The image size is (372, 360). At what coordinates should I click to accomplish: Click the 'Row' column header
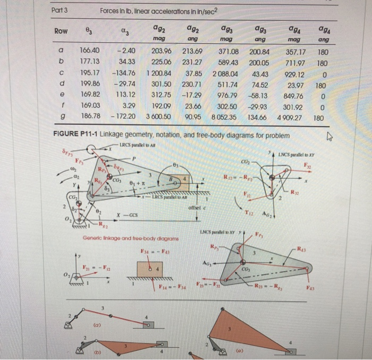pyautogui.click(x=62, y=31)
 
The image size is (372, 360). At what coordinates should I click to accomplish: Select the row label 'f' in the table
pyautogui.click(x=62, y=105)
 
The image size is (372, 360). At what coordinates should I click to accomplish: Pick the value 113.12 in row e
pyautogui.click(x=126, y=95)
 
